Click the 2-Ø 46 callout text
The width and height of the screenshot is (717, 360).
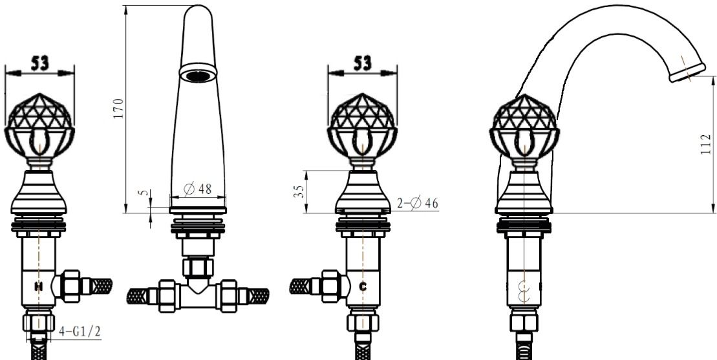[418, 204]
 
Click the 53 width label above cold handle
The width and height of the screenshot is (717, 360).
[362, 62]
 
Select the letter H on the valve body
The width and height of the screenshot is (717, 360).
[39, 286]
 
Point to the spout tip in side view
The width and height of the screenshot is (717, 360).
[687, 70]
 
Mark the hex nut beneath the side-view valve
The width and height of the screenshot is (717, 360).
[524, 322]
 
